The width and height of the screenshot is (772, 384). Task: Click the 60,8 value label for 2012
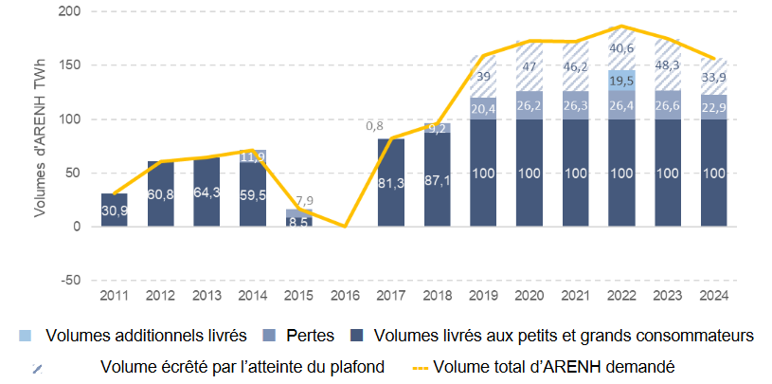(160, 194)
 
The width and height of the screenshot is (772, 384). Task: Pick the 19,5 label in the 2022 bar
(621, 81)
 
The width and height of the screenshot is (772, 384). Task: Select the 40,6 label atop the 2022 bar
(621, 48)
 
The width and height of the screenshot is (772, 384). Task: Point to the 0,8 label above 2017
(373, 125)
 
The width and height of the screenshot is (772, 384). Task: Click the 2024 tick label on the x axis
(712, 296)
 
